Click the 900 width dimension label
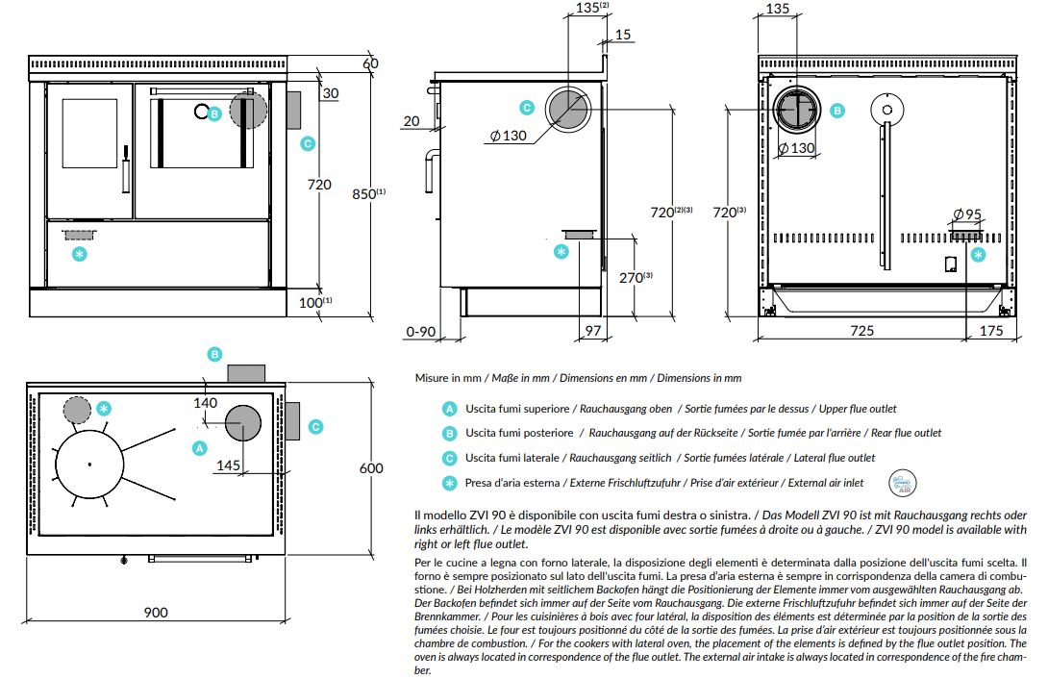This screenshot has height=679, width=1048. click(156, 613)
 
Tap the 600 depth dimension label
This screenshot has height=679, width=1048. click(371, 468)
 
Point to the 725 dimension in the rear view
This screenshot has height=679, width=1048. click(861, 330)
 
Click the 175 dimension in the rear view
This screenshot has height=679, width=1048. click(991, 330)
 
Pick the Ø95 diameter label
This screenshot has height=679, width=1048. click(967, 214)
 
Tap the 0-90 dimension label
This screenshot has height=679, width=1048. click(421, 332)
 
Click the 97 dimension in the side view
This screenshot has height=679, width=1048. click(593, 330)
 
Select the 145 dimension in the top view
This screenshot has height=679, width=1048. click(229, 465)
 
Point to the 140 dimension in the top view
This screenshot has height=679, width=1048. click(205, 403)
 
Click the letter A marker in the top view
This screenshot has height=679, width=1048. click(199, 448)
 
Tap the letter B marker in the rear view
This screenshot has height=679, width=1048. click(837, 111)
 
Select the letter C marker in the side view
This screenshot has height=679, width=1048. click(527, 108)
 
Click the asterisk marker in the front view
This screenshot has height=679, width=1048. click(80, 254)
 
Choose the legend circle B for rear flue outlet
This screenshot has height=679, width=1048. click(450, 434)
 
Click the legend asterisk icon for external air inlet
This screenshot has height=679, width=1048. click(450, 483)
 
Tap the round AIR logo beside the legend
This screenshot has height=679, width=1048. click(902, 483)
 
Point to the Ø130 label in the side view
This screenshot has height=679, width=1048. click(508, 136)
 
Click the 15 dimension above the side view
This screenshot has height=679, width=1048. click(623, 35)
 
